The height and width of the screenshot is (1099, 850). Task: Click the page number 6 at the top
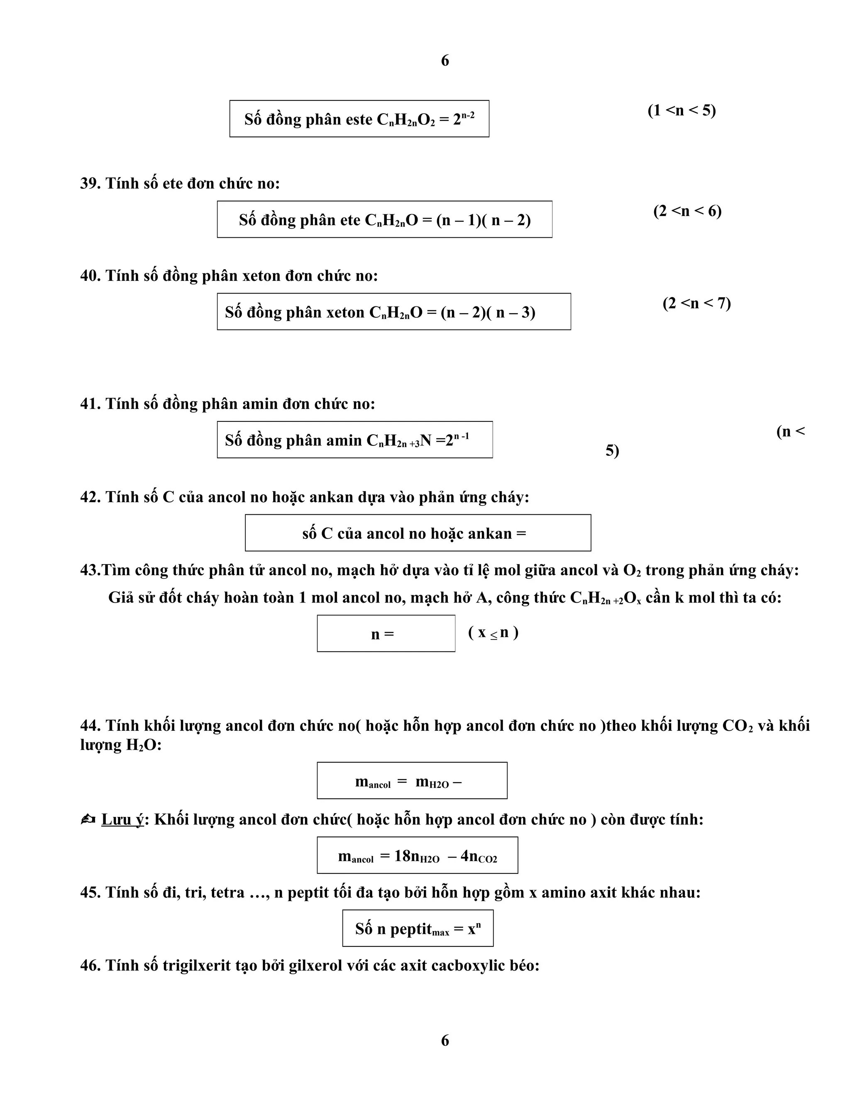(445, 61)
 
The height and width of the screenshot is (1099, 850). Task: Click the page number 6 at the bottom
(445, 1040)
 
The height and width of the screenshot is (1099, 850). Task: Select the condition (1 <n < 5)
(681, 110)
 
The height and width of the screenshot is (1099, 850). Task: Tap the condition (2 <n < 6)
(687, 211)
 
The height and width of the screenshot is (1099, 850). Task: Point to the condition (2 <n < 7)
(696, 304)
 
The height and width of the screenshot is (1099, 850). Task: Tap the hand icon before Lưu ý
(88, 820)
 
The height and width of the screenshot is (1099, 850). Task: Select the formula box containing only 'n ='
(386, 633)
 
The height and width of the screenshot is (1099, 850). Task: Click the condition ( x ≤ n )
(493, 632)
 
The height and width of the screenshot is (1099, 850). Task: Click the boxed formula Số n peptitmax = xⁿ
(418, 929)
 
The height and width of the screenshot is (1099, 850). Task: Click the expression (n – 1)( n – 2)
(484, 220)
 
